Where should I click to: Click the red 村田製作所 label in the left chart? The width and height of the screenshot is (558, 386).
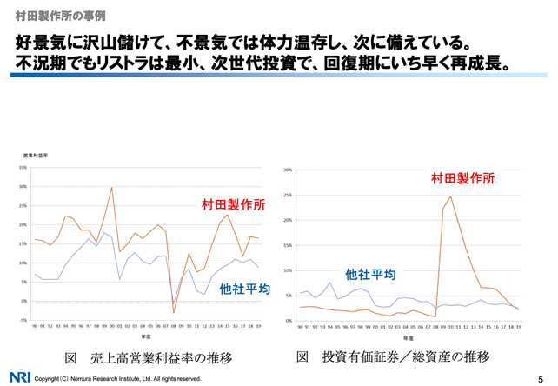coord(234,204)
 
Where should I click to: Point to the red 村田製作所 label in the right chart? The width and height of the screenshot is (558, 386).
coord(463,178)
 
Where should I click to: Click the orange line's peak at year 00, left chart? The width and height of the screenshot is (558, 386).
coord(111,187)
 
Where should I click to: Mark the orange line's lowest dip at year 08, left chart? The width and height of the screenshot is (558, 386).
coord(174,312)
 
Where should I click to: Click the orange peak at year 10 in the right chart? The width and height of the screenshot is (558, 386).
coord(451,196)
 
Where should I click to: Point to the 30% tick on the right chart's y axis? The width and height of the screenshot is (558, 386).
coord(287,170)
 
